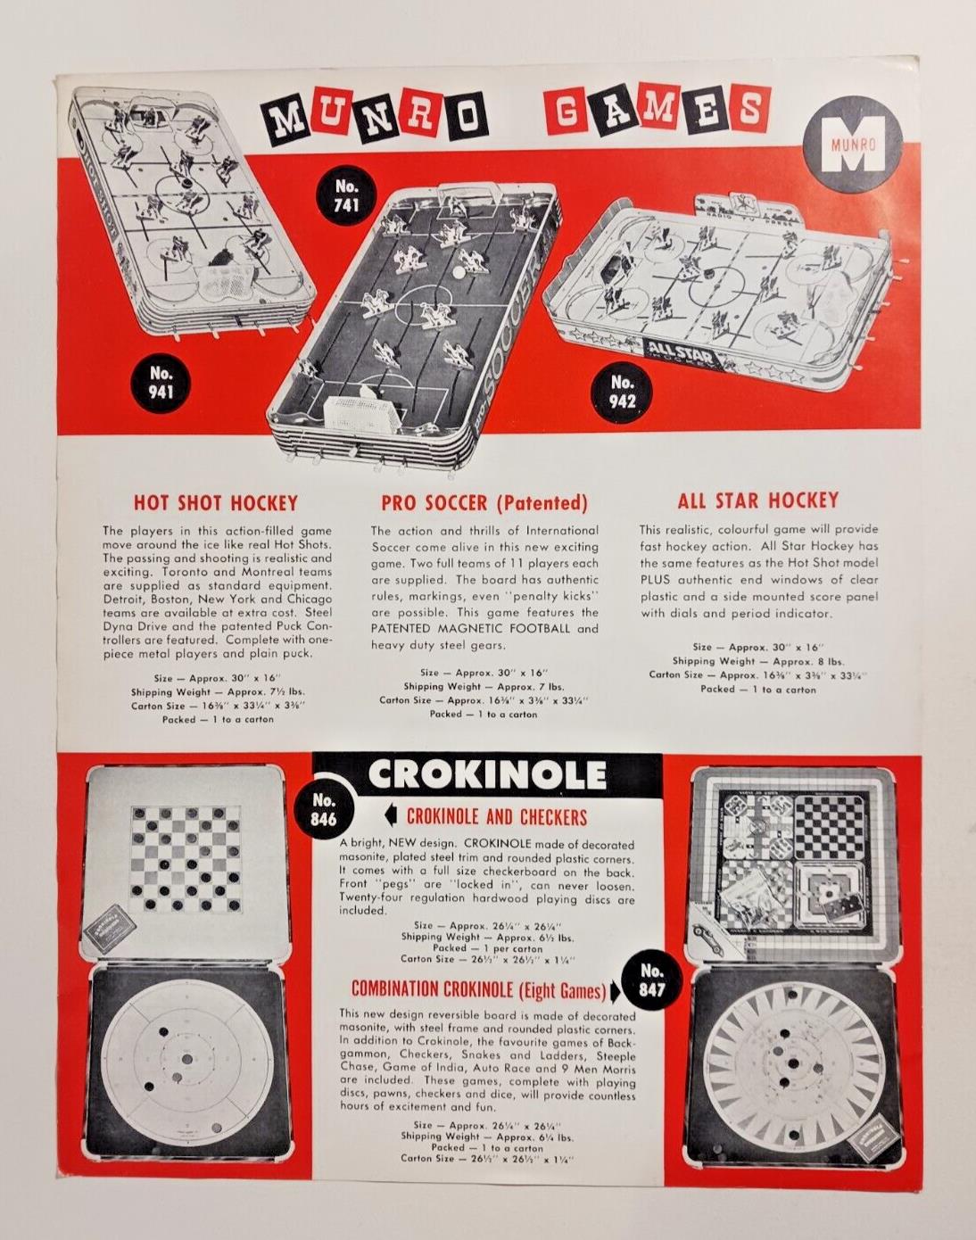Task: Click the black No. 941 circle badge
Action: point(161,384)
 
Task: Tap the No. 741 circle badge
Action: point(346,195)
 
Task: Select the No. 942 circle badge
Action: point(622,392)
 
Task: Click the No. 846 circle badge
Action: point(323,808)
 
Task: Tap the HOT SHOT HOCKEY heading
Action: point(216,503)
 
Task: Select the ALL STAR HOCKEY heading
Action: point(757,500)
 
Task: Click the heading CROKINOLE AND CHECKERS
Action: point(497,817)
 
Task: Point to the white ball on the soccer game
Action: point(459,271)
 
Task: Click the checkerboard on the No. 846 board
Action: point(186,861)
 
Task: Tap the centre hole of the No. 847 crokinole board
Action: point(793,1063)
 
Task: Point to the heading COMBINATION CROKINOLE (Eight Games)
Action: point(478,990)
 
